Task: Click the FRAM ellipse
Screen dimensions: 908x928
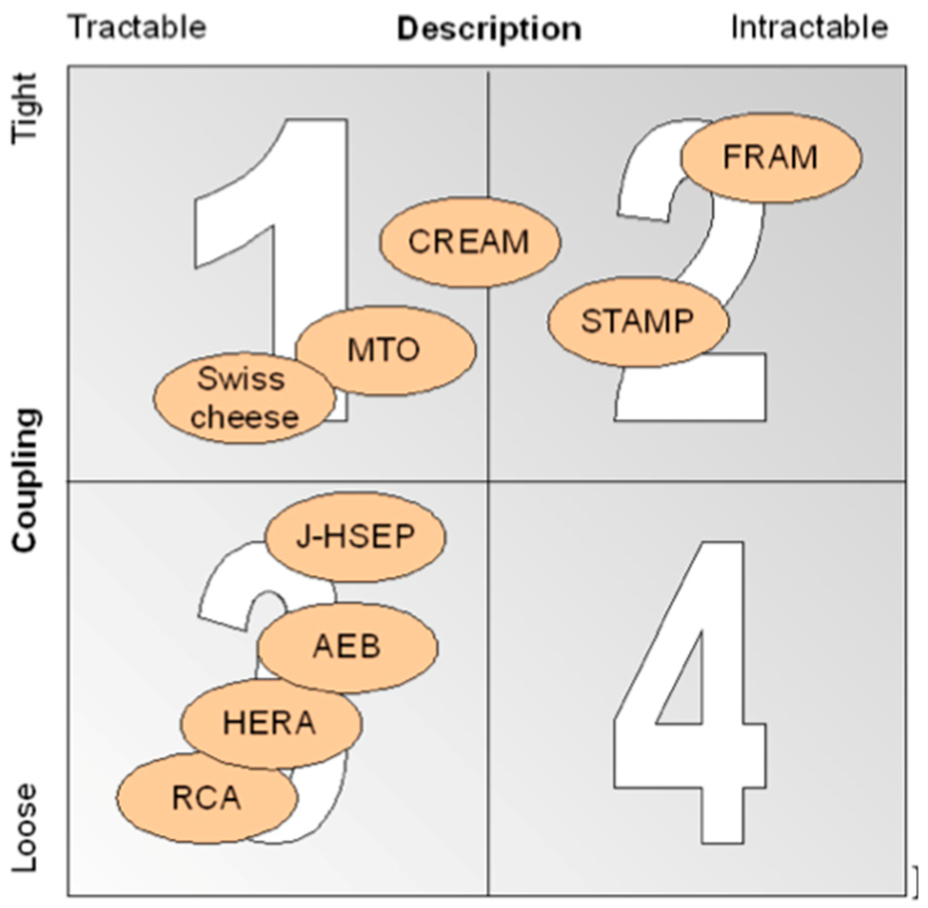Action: point(770,158)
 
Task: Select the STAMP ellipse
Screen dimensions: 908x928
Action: point(638,321)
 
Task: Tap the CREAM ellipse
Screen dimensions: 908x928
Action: point(469,242)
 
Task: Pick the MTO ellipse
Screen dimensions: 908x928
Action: point(385,350)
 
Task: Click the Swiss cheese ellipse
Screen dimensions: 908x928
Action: point(244,398)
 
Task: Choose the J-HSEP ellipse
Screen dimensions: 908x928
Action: point(355,536)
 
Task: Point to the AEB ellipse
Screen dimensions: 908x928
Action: point(347,647)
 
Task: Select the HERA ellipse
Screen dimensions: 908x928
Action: point(271,723)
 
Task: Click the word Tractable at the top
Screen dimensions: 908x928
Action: point(138,27)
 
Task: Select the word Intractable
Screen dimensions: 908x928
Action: point(809,27)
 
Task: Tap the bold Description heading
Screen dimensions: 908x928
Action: point(489,29)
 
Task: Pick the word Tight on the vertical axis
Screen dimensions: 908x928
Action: point(25,107)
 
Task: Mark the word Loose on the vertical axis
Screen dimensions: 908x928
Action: point(25,827)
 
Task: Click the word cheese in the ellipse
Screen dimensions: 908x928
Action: point(244,418)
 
